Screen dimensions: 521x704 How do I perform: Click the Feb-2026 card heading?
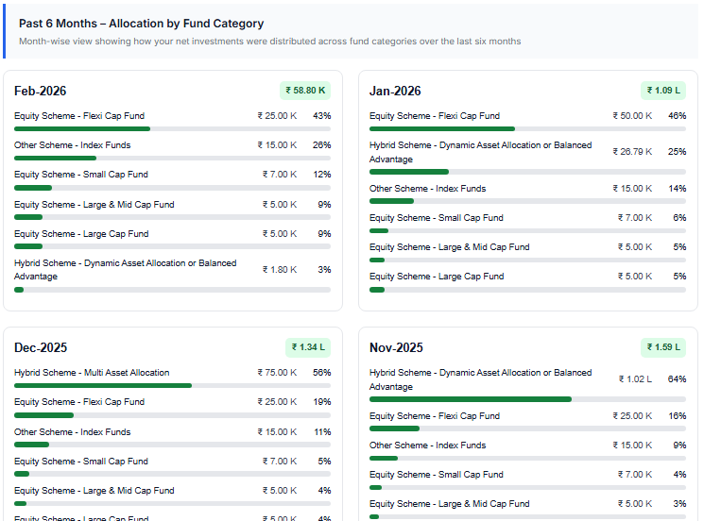tap(41, 92)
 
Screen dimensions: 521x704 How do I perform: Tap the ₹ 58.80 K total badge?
tap(305, 91)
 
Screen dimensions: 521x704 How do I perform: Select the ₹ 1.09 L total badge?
tap(662, 91)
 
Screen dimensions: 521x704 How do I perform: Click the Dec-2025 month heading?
tap(41, 348)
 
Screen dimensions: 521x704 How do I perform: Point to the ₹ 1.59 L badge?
tap(662, 347)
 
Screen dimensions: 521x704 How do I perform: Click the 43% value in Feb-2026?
tap(321, 116)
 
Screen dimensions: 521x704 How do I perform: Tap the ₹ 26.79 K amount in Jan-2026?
tap(632, 152)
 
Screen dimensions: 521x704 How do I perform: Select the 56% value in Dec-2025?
tap(321, 373)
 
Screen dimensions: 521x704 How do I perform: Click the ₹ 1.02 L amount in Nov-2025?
tap(635, 379)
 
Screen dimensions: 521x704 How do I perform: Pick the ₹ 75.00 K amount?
tap(277, 373)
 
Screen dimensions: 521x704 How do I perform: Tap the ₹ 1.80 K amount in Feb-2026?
tap(280, 270)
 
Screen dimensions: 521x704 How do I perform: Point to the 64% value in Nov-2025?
tap(677, 379)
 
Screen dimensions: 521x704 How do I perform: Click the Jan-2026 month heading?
tap(395, 92)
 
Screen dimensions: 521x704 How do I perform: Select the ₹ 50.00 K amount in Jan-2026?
tap(632, 116)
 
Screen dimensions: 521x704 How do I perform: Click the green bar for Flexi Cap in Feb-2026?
tap(82, 128)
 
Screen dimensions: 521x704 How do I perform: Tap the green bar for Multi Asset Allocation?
tap(103, 385)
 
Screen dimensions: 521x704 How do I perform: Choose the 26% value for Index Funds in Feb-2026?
tap(321, 145)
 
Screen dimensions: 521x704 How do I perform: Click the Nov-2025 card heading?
tap(396, 348)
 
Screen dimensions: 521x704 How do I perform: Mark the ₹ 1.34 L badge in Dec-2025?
tap(307, 347)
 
